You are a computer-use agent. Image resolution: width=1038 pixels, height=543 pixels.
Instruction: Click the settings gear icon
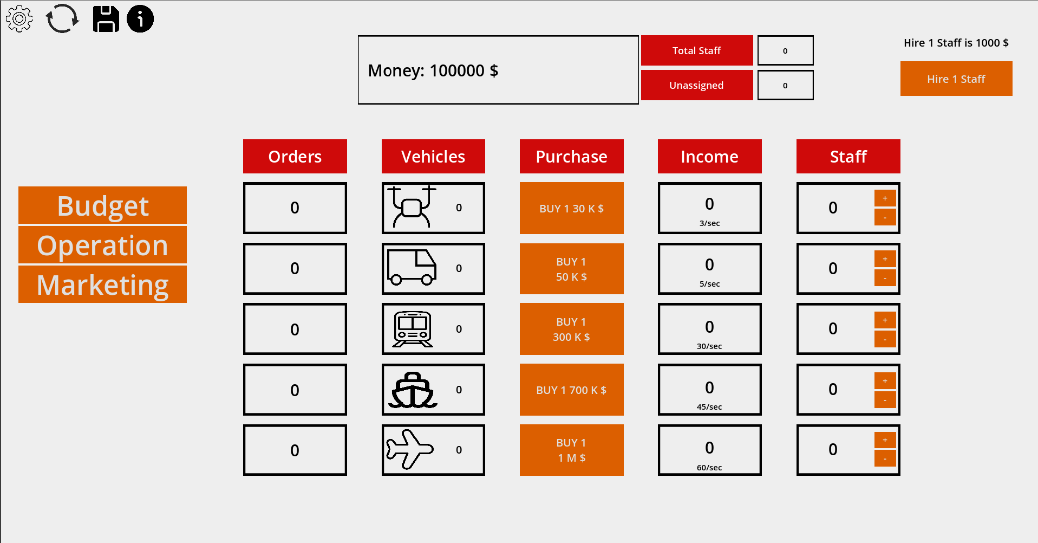pyautogui.click(x=19, y=19)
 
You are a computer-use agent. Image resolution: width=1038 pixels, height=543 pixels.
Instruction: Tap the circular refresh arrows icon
pyautogui.click(x=62, y=19)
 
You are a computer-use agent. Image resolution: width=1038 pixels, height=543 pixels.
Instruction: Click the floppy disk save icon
pyautogui.click(x=106, y=19)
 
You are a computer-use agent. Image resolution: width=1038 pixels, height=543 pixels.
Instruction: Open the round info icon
pyautogui.click(x=140, y=19)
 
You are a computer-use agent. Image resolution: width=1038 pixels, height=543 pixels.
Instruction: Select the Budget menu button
pyautogui.click(x=102, y=205)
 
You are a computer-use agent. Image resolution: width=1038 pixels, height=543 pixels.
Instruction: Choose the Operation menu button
pyautogui.click(x=102, y=245)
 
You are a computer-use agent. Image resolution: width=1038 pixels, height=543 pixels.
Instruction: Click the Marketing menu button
pyautogui.click(x=102, y=284)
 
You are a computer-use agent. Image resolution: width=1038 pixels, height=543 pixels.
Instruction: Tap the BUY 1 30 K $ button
pyautogui.click(x=571, y=208)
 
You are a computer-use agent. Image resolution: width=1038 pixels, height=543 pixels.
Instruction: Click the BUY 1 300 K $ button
pyautogui.click(x=571, y=329)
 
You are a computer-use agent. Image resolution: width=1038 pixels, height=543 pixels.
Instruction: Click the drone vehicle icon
pyautogui.click(x=412, y=206)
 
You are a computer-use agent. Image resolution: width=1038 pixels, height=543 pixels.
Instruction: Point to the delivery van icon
pyautogui.click(x=412, y=267)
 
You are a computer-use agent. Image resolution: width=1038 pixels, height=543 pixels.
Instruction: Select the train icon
pyautogui.click(x=413, y=329)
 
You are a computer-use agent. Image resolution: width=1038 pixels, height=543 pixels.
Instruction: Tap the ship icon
pyautogui.click(x=413, y=390)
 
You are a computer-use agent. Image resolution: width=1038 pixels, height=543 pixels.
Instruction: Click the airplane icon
pyautogui.click(x=410, y=449)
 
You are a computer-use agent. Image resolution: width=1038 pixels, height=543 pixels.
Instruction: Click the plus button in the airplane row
pyautogui.click(x=885, y=441)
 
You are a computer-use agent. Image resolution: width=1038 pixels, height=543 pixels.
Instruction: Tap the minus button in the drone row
pyautogui.click(x=885, y=217)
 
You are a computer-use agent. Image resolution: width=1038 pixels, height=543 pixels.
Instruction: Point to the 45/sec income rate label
pyautogui.click(x=709, y=407)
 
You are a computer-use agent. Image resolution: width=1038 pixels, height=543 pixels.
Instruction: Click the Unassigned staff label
pyautogui.click(x=697, y=85)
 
